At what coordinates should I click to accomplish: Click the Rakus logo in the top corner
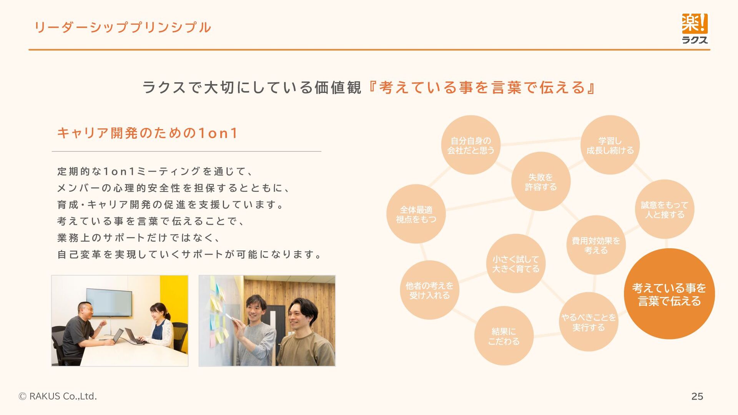tap(695, 28)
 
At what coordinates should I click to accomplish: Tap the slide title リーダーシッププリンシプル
tap(123, 28)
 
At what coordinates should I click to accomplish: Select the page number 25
tap(697, 396)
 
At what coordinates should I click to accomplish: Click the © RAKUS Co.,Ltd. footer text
tap(58, 396)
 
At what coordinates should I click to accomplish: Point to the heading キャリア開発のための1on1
tap(147, 133)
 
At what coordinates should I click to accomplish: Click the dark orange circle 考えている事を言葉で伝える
tap(669, 294)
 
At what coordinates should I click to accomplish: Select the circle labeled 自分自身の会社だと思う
tap(470, 145)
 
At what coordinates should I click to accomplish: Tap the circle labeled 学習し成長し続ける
tap(610, 145)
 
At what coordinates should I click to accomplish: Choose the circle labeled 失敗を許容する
tap(540, 182)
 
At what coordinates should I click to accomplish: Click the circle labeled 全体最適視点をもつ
tap(416, 214)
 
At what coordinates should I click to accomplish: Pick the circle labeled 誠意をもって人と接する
tap(664, 209)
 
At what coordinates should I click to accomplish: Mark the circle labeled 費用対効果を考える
tap(596, 245)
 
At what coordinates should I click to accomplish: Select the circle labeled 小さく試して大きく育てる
tap(516, 264)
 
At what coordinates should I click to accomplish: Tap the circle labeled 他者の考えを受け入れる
tap(429, 290)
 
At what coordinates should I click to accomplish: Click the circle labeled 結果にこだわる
tap(504, 336)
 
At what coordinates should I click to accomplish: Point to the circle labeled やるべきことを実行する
tap(588, 322)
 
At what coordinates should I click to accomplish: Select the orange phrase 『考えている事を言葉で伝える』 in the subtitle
tap(482, 88)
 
